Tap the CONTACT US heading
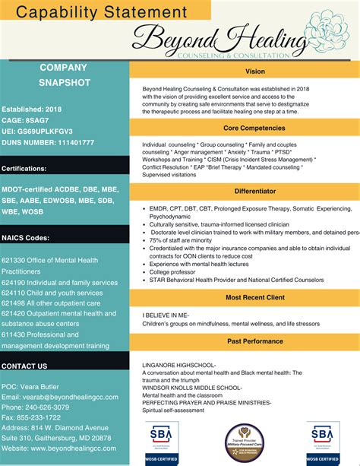point(24,366)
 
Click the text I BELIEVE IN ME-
point(165,314)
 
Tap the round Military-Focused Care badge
point(243,443)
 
